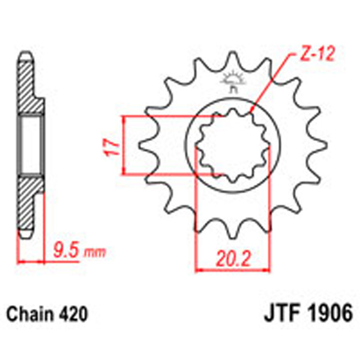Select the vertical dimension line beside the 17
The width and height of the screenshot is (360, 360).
click(x=124, y=146)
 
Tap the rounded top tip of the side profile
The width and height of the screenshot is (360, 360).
click(x=25, y=54)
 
